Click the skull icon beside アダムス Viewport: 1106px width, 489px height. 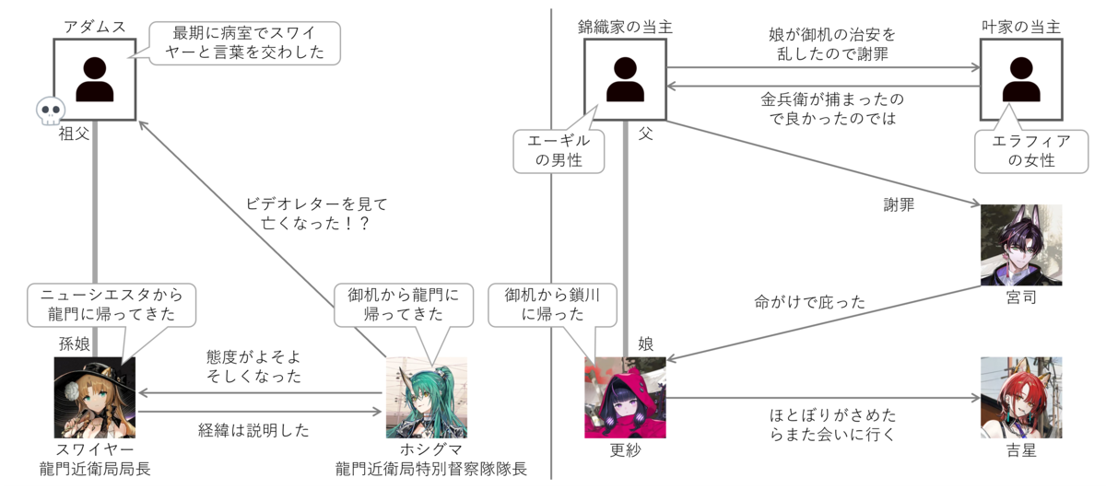click(x=51, y=111)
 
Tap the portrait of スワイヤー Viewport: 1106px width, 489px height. click(x=95, y=398)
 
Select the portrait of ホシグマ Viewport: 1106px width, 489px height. click(x=427, y=398)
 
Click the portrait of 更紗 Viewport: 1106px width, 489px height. click(x=625, y=398)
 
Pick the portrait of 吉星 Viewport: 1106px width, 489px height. click(x=1021, y=398)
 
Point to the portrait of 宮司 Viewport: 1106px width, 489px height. click(x=1021, y=245)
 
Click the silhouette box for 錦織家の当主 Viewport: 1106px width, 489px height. click(x=625, y=79)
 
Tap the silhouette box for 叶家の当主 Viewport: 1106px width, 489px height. click(x=1021, y=79)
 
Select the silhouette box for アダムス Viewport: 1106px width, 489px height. click(x=95, y=79)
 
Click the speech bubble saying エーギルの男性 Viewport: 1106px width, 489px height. click(x=559, y=151)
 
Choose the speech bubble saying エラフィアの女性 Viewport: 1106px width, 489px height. click(x=1031, y=151)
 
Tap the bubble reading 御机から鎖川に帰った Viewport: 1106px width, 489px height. click(x=552, y=305)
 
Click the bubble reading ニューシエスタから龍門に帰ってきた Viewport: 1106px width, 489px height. click(x=112, y=305)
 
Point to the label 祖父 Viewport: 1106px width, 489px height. click(x=74, y=134)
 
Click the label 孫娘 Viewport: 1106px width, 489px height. click(x=74, y=343)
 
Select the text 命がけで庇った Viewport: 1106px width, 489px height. click(x=810, y=302)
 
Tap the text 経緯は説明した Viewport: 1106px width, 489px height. click(x=253, y=430)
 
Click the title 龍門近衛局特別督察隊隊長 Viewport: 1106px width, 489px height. click(x=431, y=469)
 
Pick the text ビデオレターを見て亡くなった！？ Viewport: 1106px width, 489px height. click(x=316, y=214)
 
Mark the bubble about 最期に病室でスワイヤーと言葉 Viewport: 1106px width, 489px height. click(x=245, y=43)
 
